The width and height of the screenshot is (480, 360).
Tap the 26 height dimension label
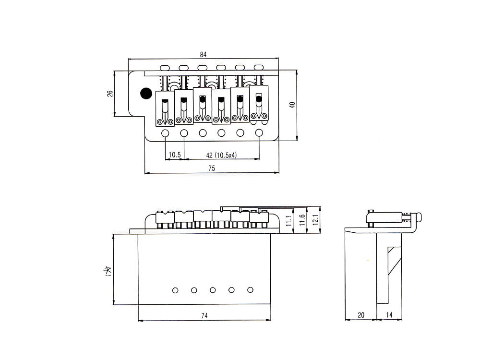click(x=110, y=94)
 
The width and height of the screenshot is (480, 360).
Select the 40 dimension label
click(x=291, y=105)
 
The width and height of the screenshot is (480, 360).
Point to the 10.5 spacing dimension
click(x=175, y=155)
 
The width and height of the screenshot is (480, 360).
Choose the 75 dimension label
click(x=212, y=168)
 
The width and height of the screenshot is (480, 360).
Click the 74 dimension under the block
click(x=204, y=315)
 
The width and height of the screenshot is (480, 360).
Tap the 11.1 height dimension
click(x=288, y=221)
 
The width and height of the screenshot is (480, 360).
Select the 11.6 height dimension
click(x=302, y=219)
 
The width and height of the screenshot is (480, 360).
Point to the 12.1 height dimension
click(x=315, y=219)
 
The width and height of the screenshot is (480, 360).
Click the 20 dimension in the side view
click(x=361, y=315)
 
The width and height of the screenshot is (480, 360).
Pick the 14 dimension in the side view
click(x=389, y=315)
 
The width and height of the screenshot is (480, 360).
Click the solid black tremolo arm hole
click(x=144, y=93)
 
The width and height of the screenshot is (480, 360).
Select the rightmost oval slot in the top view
click(x=259, y=67)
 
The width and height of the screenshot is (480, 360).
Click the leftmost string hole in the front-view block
click(x=175, y=290)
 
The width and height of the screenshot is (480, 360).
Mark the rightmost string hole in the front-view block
click(x=250, y=290)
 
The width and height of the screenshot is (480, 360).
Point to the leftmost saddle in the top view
click(x=165, y=108)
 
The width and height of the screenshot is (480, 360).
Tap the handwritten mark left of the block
click(x=108, y=272)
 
